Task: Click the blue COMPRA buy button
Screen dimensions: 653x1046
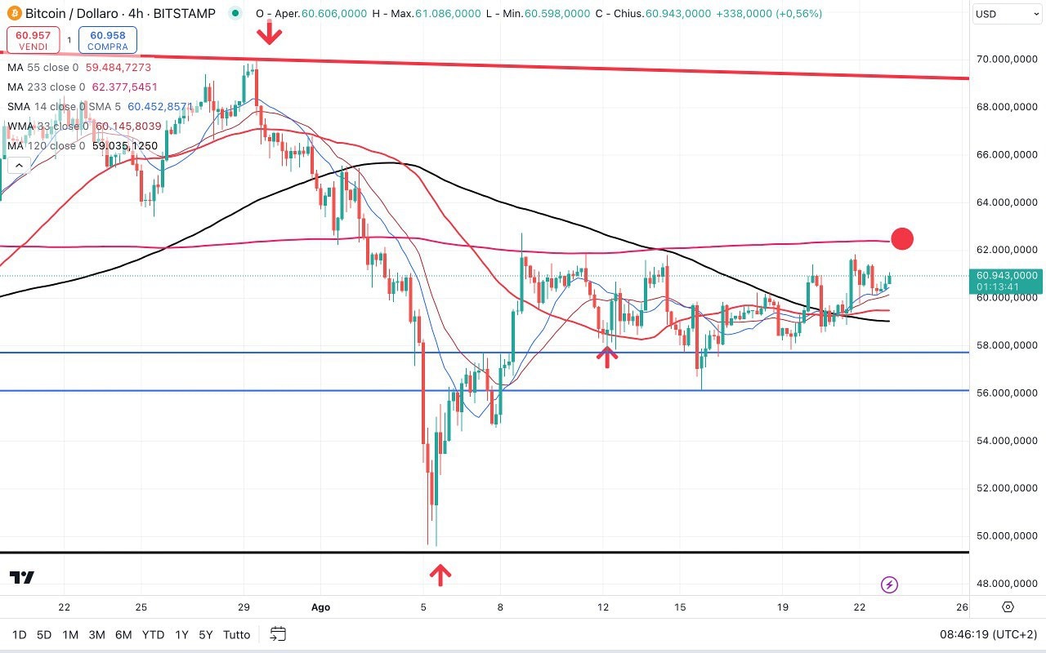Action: (x=108, y=40)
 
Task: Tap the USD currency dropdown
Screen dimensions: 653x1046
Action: (x=1008, y=14)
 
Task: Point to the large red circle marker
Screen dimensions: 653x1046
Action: (x=902, y=238)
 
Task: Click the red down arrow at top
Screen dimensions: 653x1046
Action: (x=270, y=33)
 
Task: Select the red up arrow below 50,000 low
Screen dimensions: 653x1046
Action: (x=440, y=575)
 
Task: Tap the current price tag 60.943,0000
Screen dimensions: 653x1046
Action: (x=1006, y=276)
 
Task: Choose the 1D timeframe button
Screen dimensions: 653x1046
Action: (x=19, y=634)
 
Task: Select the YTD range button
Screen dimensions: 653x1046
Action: (x=153, y=634)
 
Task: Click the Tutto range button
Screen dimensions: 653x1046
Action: (x=237, y=634)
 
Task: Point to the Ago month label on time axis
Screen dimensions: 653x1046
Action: (x=321, y=607)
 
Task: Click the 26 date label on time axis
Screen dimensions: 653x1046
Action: (x=962, y=607)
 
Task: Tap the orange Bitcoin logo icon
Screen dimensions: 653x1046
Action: (x=12, y=14)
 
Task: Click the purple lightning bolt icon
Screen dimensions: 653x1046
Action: (x=890, y=584)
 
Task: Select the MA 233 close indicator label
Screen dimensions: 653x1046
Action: (x=46, y=87)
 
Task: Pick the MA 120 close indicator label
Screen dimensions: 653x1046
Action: (x=46, y=146)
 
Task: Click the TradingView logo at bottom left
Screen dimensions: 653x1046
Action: (x=22, y=578)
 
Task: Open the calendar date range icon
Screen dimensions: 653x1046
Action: (x=278, y=634)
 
